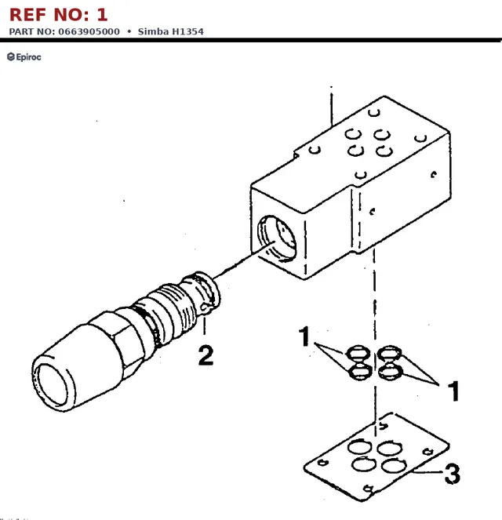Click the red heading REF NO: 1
(58, 15)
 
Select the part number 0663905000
(89, 31)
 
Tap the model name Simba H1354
(171, 31)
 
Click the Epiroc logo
(24, 57)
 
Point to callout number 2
(206, 355)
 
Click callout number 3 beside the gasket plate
(453, 474)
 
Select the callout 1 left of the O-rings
(304, 336)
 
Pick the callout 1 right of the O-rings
(454, 391)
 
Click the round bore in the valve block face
(277, 238)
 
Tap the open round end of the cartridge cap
(53, 384)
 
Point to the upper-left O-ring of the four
(358, 353)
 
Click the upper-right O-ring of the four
(389, 353)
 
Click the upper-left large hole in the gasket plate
(359, 446)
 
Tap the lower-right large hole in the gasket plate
(394, 466)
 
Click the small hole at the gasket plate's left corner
(322, 462)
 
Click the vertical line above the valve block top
(331, 107)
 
